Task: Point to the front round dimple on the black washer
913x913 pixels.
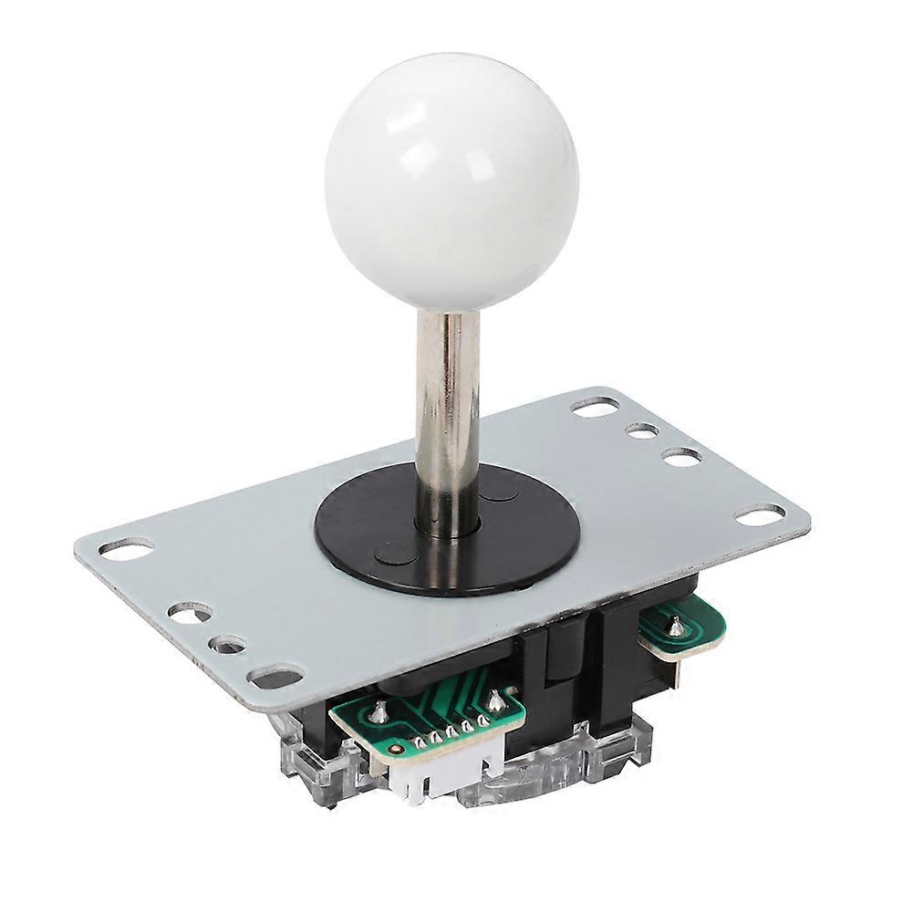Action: click(x=392, y=551)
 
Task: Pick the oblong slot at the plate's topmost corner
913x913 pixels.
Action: click(x=596, y=407)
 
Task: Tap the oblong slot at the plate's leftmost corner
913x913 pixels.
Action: click(x=126, y=548)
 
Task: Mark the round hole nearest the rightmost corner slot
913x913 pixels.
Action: click(x=682, y=457)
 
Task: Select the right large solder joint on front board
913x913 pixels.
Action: click(x=496, y=700)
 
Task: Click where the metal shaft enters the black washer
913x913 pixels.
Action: click(x=448, y=526)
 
